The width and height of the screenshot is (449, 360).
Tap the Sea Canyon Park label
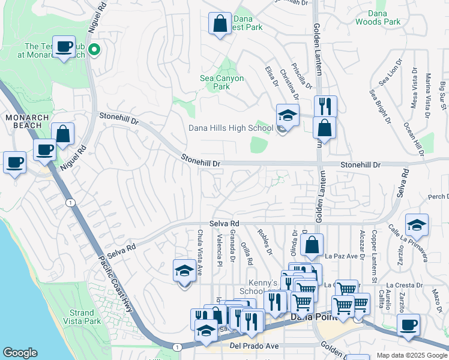click(x=221, y=82)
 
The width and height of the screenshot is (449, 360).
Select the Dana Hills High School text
click(x=231, y=128)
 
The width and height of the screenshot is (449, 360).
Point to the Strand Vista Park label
click(x=82, y=317)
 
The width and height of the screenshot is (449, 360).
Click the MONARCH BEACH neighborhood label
click(x=24, y=121)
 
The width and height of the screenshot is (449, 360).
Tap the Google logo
click(x=20, y=353)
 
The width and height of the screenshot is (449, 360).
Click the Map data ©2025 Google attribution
click(x=411, y=355)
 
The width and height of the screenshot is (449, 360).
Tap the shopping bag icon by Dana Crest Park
click(x=220, y=24)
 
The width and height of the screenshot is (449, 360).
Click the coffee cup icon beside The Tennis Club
click(x=63, y=46)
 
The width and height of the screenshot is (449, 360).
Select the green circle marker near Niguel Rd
click(x=94, y=50)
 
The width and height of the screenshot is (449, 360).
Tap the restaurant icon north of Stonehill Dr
click(x=325, y=106)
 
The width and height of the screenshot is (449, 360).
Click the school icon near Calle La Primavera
click(x=417, y=225)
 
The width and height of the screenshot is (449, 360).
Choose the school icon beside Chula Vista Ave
click(x=184, y=271)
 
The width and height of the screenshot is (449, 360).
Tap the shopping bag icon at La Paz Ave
click(x=312, y=245)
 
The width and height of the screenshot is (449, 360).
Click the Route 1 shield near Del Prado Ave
click(x=177, y=347)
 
